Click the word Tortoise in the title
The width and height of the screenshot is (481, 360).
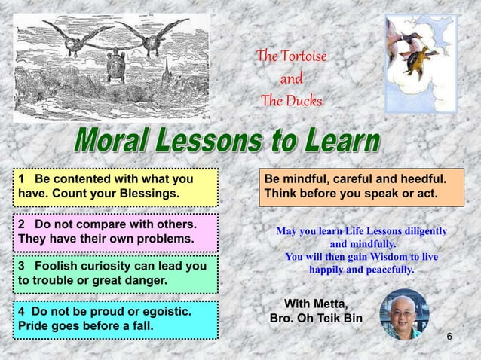pyautogui.click(x=303, y=56)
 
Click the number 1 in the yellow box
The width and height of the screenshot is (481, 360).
pyautogui.click(x=23, y=180)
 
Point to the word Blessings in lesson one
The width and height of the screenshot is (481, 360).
pyautogui.click(x=149, y=194)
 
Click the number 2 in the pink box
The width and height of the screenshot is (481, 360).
pyautogui.click(x=23, y=225)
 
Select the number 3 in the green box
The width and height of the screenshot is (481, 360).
pyautogui.click(x=23, y=267)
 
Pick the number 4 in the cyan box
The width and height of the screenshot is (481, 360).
pyautogui.click(x=23, y=310)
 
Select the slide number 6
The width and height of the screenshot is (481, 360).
pyautogui.click(x=449, y=335)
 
